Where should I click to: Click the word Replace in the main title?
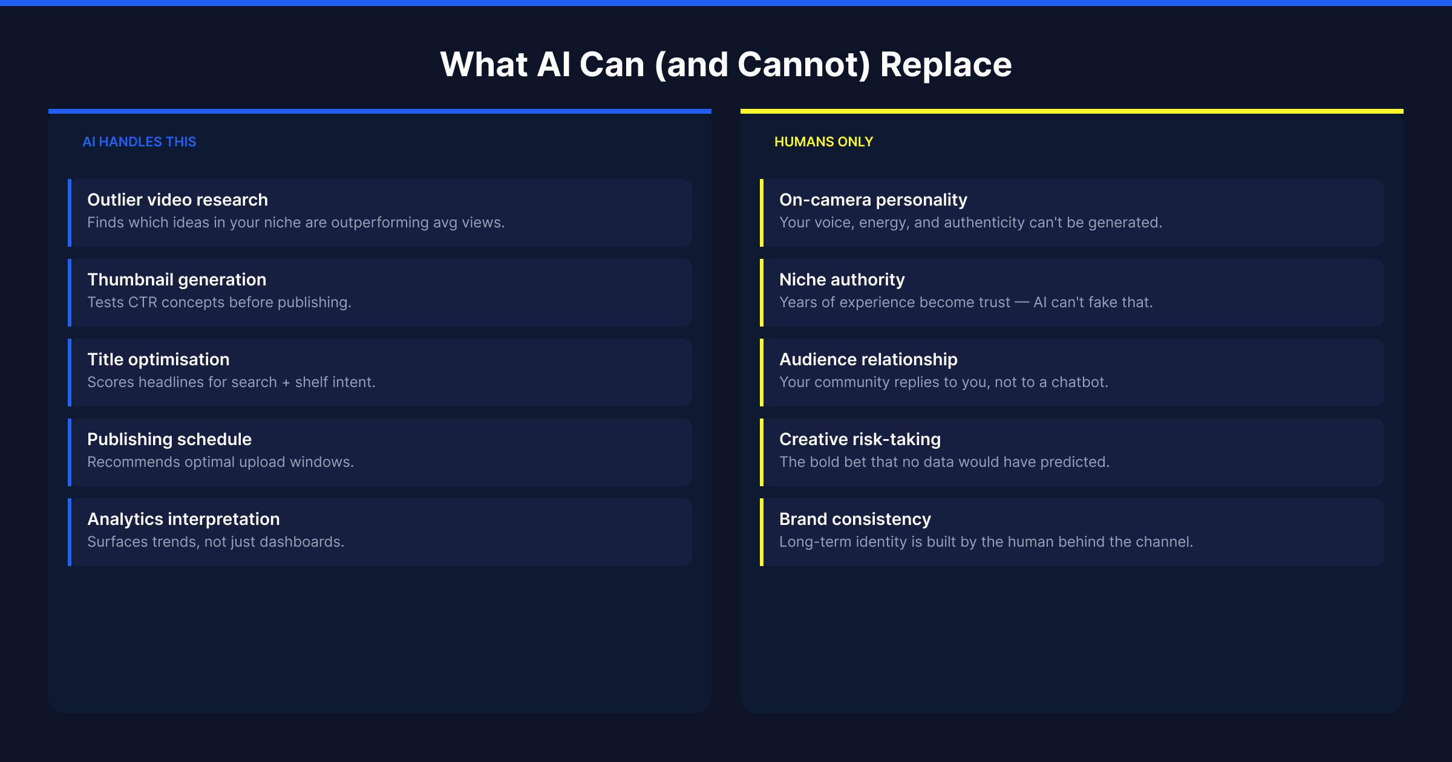946,65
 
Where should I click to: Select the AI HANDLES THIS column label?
139,142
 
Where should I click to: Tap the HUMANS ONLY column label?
823,142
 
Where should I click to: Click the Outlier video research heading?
177,200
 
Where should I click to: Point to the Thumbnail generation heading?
177,279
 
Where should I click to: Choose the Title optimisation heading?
159,359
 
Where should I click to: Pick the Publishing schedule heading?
169,439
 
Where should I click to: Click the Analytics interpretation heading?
183,519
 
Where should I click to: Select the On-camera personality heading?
873,200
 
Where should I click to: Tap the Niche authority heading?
842,279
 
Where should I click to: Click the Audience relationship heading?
868,359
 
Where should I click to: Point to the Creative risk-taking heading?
860,439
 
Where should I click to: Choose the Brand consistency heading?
855,519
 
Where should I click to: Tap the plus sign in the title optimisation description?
286,383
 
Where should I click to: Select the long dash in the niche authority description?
1022,302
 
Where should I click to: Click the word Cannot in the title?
803,65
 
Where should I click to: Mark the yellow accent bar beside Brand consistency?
762,532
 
